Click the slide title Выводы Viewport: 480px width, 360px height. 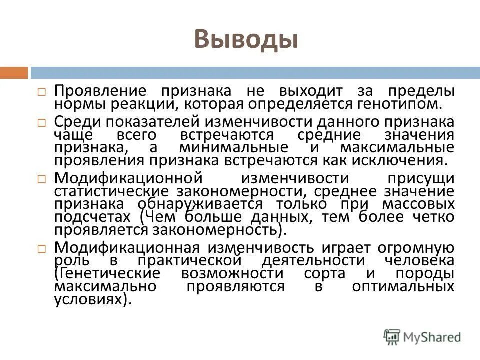point(245,39)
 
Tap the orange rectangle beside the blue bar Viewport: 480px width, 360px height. point(13,73)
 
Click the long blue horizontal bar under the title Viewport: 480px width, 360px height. point(255,73)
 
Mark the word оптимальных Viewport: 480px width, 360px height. point(403,286)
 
